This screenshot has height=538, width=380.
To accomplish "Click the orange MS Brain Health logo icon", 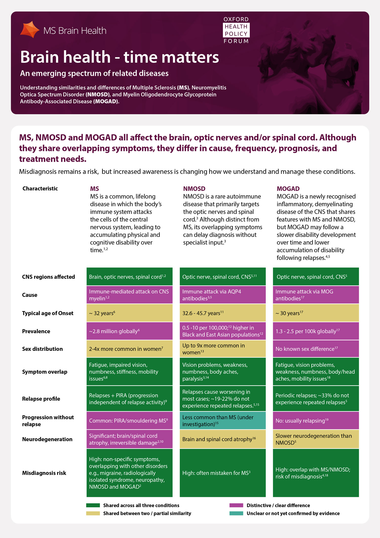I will tap(30, 30).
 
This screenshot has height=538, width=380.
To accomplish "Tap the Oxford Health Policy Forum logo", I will tap(236, 30).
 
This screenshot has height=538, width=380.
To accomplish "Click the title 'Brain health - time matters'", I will tap(119, 57).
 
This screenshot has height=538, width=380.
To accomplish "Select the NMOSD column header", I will tap(194, 189).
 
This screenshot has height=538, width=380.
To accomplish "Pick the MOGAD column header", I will tap(288, 189).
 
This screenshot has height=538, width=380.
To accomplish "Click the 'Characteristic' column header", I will tap(40, 188).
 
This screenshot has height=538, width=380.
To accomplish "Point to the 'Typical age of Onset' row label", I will tap(48, 313).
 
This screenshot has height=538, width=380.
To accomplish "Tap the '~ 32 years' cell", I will tap(129, 313).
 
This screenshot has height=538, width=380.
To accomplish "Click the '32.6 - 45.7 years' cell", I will tap(223, 313).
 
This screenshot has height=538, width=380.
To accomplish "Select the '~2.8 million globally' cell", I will tap(129, 331).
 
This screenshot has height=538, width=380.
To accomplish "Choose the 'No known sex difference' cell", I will tap(316, 349).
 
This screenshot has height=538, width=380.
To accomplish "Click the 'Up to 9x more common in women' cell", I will tap(223, 349).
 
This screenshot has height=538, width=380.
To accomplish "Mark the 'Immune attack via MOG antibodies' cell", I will tap(316, 295).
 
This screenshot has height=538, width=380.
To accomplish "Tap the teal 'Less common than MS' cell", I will tap(223, 421).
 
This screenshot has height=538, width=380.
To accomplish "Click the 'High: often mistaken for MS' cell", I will tap(223, 473).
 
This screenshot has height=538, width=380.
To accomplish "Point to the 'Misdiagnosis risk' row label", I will tap(44, 473).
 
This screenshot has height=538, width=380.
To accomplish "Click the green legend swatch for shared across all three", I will tap(93, 505).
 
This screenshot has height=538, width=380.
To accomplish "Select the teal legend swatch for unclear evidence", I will tap(236, 513).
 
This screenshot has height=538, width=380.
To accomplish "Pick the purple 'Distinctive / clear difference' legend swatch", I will tap(236, 505).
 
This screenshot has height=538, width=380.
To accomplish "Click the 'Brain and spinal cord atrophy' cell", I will tap(223, 439).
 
